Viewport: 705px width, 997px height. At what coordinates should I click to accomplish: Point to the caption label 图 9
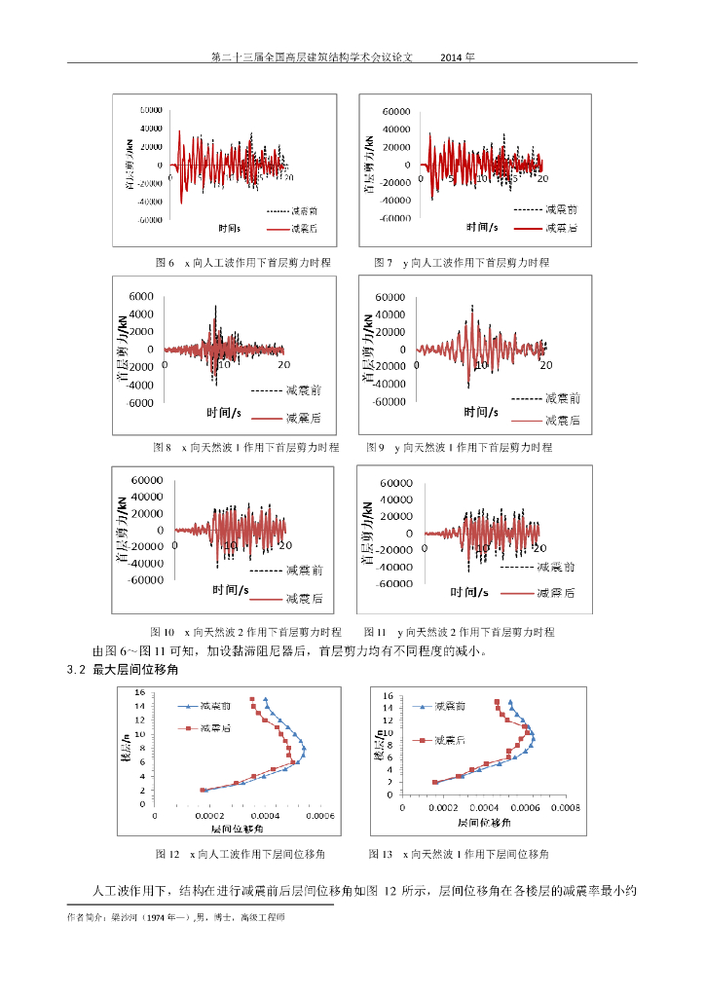(376, 447)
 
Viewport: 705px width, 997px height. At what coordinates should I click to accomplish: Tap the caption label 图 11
(375, 632)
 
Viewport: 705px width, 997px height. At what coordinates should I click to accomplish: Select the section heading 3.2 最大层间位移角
(123, 670)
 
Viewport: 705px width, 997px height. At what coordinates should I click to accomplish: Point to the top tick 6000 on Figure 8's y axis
(140, 296)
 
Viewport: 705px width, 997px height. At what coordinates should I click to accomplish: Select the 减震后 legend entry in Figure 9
(562, 420)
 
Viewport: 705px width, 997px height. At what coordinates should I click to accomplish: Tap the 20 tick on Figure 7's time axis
(543, 179)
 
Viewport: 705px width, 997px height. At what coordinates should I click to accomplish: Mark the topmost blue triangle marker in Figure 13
(510, 700)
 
